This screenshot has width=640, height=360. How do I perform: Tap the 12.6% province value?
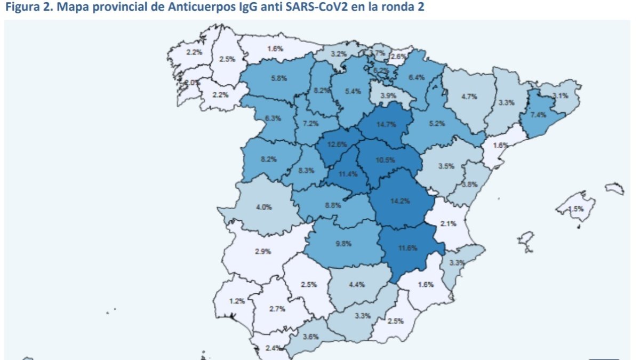tap(338, 144)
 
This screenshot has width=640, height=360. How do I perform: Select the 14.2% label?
tap(396, 202)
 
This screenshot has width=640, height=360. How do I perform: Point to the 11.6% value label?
tap(407, 247)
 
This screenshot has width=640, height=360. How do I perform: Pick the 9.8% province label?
tap(343, 244)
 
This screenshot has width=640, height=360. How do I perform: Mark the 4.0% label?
tap(264, 207)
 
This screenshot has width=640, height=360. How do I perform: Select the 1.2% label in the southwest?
tap(237, 301)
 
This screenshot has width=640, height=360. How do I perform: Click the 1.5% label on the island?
tap(575, 209)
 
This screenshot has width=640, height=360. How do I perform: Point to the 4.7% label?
tap(469, 97)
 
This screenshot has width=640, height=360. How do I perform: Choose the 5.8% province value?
tap(279, 78)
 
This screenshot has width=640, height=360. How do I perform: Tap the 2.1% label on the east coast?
tap(448, 223)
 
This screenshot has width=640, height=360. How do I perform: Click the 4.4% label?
tap(356, 284)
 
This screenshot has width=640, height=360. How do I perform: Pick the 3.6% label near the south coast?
tap(310, 337)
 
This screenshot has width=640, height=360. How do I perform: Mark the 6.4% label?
tap(417, 77)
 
